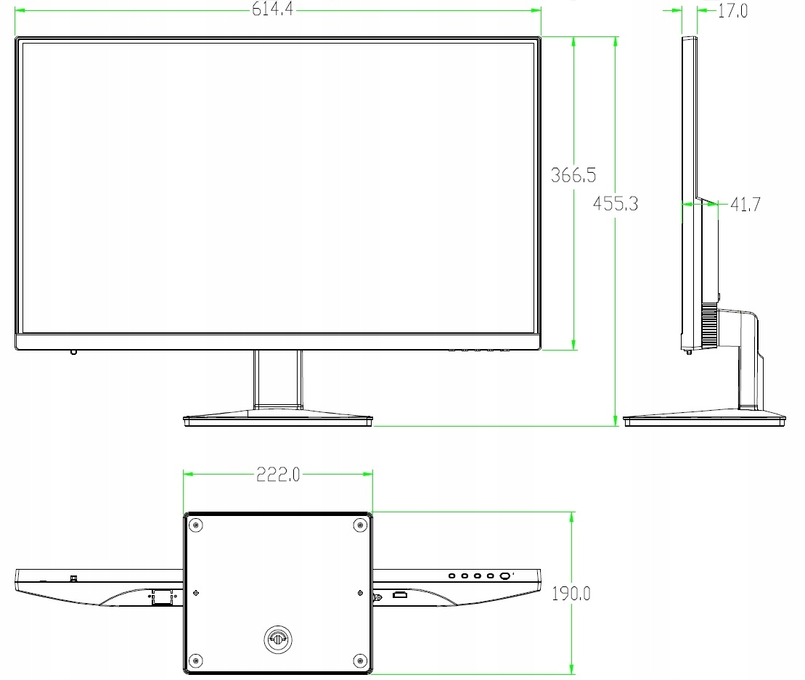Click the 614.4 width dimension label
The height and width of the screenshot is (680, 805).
pyautogui.click(x=273, y=10)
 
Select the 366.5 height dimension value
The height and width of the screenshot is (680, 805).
pyautogui.click(x=573, y=175)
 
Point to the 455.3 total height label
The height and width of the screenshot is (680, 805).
pyautogui.click(x=616, y=203)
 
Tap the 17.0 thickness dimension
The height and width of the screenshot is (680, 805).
pyautogui.click(x=732, y=11)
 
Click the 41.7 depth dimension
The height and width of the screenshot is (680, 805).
pyautogui.click(x=745, y=205)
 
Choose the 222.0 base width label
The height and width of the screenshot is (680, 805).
pyautogui.click(x=278, y=475)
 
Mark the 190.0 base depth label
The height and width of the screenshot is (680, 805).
pyautogui.click(x=571, y=594)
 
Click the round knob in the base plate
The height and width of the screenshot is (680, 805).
pyautogui.click(x=277, y=637)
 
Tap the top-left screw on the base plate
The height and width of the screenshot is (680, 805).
pyautogui.click(x=194, y=525)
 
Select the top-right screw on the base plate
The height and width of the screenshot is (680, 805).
pyautogui.click(x=361, y=525)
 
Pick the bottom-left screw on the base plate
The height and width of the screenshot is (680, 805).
pyautogui.click(x=194, y=660)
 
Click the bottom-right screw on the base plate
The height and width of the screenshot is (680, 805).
pyautogui.click(x=361, y=660)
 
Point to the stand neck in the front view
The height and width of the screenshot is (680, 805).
pyautogui.click(x=278, y=379)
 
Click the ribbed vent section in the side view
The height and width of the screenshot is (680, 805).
pyautogui.click(x=709, y=327)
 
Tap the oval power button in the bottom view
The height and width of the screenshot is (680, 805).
pyautogui.click(x=504, y=576)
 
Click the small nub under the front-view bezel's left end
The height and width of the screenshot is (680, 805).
pyautogui.click(x=73, y=353)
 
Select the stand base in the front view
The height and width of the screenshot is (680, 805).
pyautogui.click(x=278, y=418)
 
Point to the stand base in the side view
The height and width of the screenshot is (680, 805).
pyautogui.click(x=705, y=419)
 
